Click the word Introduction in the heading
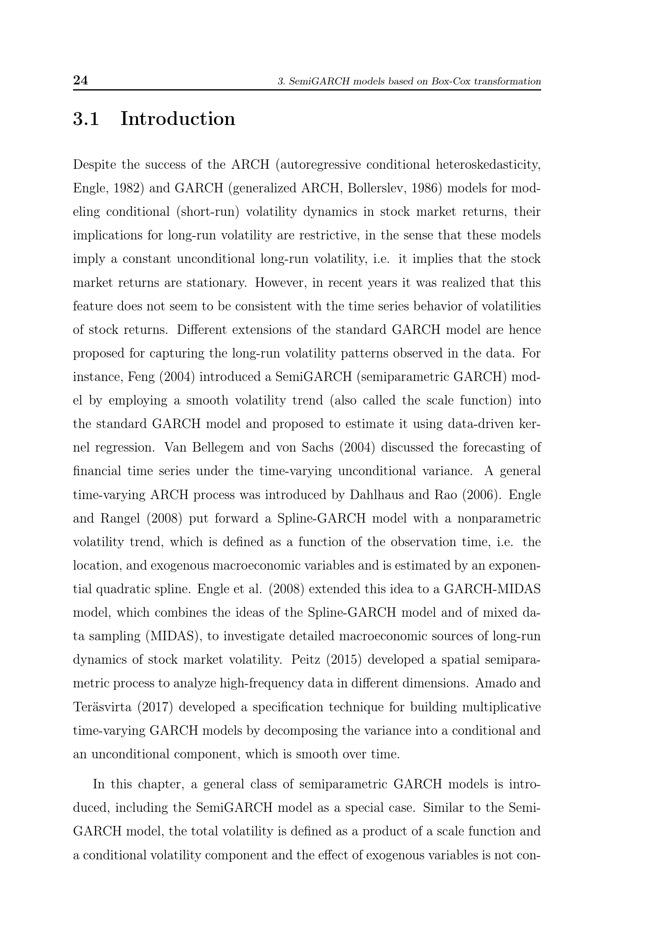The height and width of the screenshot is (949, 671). [178, 119]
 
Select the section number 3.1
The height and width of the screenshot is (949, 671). [86, 119]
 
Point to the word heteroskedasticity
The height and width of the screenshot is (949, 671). [488, 164]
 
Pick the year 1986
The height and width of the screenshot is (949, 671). [427, 189]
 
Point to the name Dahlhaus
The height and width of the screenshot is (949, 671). [376, 495]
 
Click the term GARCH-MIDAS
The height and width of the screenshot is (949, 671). [492, 590]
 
